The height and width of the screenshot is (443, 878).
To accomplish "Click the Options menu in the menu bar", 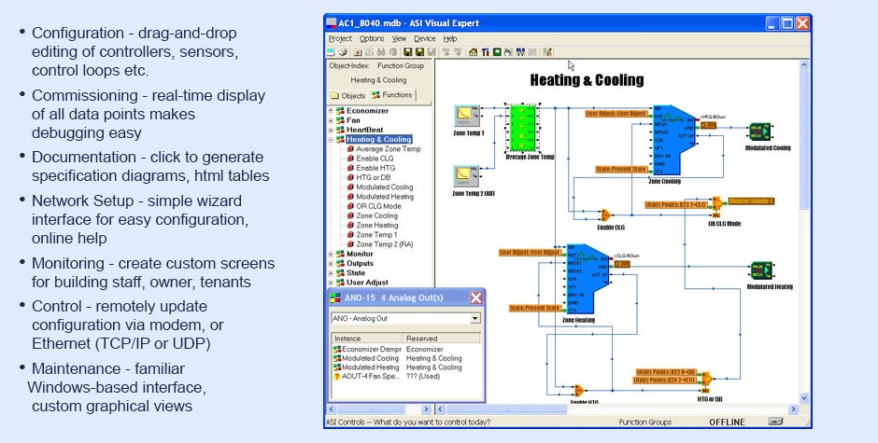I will click(372, 38).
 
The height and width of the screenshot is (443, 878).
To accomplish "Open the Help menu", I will click(450, 38).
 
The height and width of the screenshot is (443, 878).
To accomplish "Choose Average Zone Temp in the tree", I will click(388, 149).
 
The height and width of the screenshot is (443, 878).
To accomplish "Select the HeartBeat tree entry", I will click(365, 130).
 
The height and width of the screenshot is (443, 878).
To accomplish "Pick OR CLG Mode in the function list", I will click(378, 205).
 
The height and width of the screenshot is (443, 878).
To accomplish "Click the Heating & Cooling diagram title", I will click(587, 80).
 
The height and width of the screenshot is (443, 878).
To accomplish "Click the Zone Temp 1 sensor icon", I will click(467, 116).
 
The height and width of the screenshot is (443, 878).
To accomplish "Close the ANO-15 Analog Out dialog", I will click(476, 298).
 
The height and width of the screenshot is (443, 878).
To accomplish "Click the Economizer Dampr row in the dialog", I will click(365, 348).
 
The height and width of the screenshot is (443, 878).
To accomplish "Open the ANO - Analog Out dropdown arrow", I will click(475, 318).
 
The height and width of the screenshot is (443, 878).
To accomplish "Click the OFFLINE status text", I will click(727, 422).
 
